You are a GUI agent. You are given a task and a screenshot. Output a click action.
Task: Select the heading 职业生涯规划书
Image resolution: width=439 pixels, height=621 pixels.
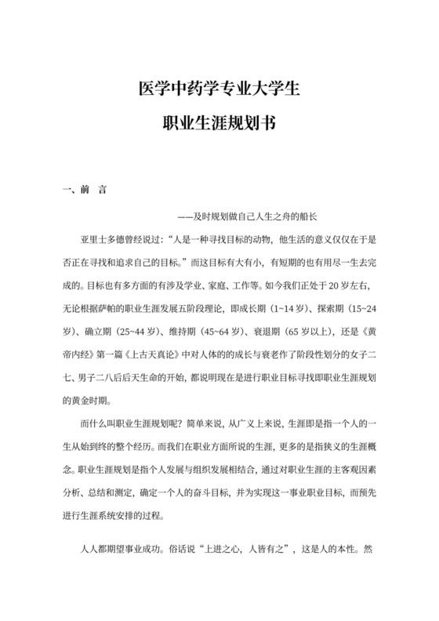click(219, 123)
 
